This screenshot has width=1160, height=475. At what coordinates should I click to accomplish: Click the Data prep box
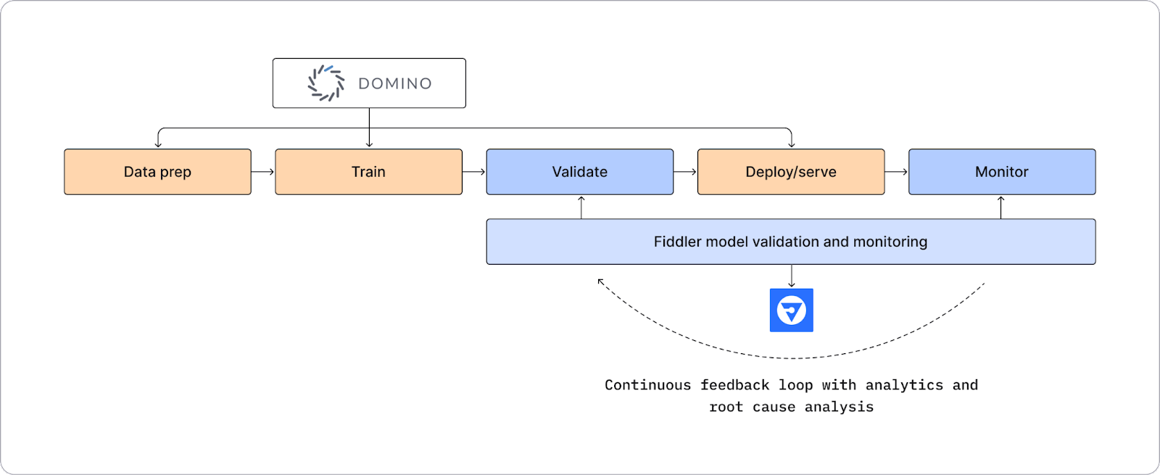click(x=157, y=172)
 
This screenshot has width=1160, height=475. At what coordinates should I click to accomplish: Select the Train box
click(x=368, y=172)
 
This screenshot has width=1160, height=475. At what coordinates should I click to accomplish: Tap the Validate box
click(x=579, y=172)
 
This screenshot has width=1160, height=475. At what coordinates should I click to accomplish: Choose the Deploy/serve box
click(x=790, y=172)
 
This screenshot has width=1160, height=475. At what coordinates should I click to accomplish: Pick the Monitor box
click(x=1001, y=172)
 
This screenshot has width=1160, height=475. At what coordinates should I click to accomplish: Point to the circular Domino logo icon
click(x=326, y=83)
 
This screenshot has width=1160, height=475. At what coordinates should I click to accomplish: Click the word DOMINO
click(x=395, y=84)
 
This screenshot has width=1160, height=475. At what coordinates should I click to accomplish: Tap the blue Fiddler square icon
click(x=791, y=310)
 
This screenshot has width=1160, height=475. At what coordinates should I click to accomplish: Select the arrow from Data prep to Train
click(x=263, y=172)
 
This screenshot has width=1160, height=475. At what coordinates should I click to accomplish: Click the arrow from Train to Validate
click(x=474, y=172)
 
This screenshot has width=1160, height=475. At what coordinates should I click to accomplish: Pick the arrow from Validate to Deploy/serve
click(x=685, y=172)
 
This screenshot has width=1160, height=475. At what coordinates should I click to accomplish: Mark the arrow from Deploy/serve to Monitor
click(x=896, y=172)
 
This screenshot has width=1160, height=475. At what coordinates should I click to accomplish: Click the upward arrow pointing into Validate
click(x=581, y=207)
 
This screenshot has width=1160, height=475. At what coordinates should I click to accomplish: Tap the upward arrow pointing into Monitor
click(x=1001, y=207)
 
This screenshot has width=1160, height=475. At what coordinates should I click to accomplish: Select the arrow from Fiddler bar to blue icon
click(x=791, y=276)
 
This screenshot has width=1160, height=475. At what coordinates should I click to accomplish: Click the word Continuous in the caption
click(x=647, y=385)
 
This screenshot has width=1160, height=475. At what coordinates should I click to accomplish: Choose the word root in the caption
click(x=726, y=407)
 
